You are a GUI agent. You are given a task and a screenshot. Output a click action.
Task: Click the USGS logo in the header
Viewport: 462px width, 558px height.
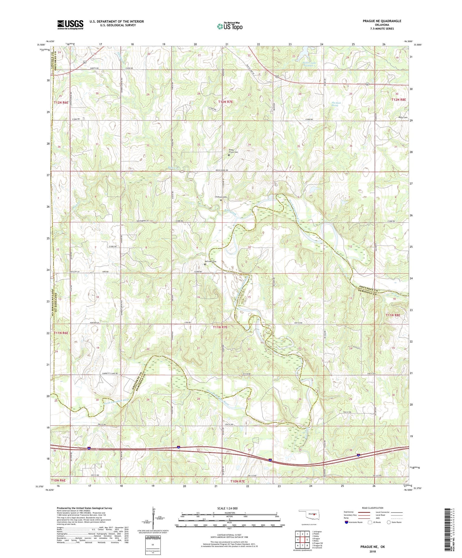pos(70,25)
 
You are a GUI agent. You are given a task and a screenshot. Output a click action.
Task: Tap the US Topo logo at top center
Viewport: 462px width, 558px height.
pos(229,26)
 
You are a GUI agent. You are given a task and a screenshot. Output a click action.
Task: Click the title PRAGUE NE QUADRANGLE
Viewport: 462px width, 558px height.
pos(382,21)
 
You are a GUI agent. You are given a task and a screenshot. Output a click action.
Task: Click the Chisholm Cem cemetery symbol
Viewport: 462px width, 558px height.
pos(221,200)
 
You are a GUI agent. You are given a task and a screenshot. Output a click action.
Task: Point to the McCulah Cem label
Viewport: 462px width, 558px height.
pos(210,262)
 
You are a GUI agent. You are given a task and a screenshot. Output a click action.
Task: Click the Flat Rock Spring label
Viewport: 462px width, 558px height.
pos(335,104)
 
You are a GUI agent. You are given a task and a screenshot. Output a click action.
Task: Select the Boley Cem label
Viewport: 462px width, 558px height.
pos(403,118)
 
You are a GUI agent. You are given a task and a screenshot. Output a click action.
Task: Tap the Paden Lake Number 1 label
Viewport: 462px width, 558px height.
pos(309,64)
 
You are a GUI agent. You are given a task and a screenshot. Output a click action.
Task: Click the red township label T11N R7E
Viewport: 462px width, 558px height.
pos(220,327)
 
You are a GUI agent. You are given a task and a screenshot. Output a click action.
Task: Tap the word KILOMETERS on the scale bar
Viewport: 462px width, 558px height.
pos(228,513)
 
